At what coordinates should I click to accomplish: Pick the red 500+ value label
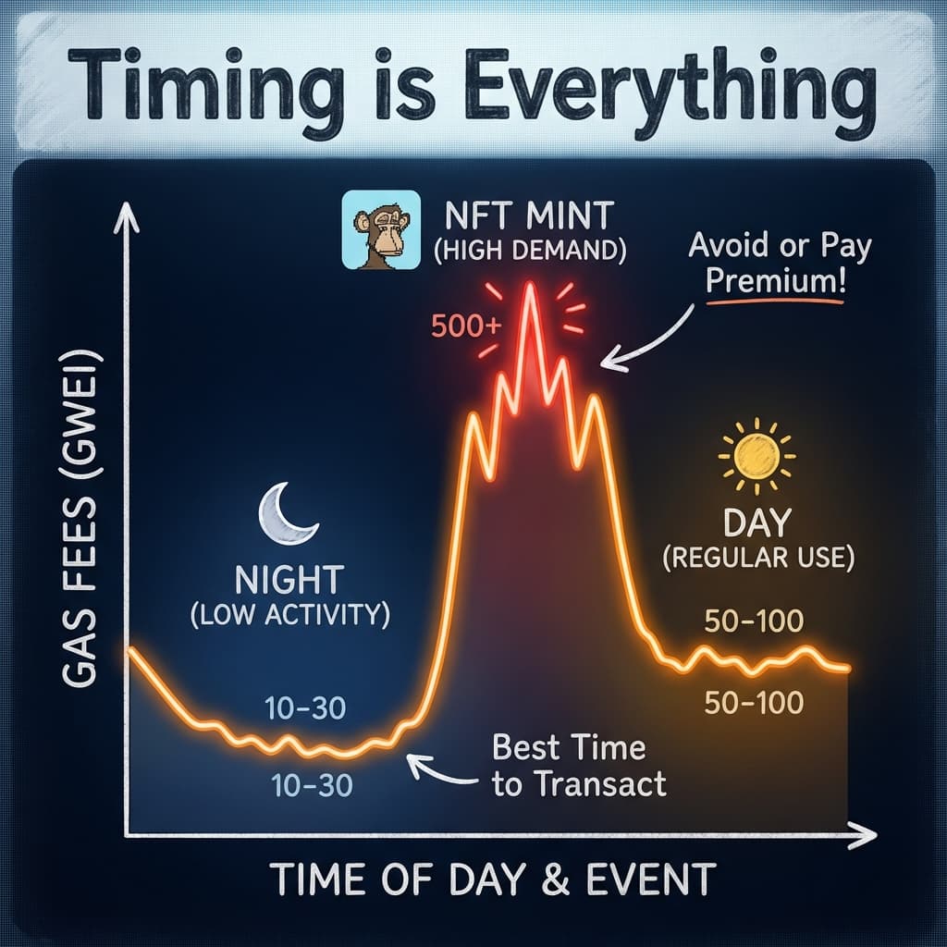(465, 326)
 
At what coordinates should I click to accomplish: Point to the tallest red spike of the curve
(530, 287)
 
